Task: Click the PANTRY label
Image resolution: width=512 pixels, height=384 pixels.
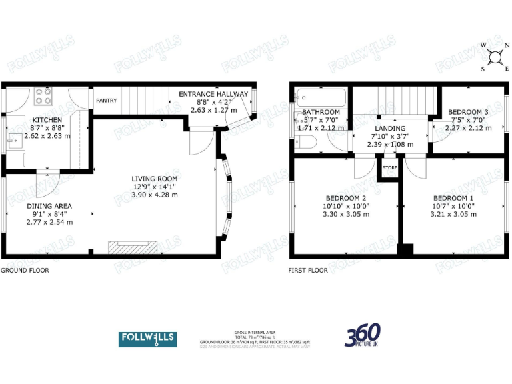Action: [107, 101]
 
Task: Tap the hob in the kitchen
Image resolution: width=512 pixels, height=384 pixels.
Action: [43, 97]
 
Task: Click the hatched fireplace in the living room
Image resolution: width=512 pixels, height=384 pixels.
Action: [133, 247]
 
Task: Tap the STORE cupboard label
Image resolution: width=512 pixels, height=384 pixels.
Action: [389, 168]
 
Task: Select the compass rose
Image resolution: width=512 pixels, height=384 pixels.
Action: [495, 57]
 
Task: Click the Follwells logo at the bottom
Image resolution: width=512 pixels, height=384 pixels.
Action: [147, 339]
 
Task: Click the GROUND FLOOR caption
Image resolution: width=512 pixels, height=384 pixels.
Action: [25, 271]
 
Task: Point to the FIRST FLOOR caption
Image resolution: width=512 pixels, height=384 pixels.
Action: [308, 271]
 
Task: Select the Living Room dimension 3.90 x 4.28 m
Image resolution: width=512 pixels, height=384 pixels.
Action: [154, 195]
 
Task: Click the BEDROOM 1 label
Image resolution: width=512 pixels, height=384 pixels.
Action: [453, 199]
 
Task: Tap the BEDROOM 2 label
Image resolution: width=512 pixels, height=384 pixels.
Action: [345, 199]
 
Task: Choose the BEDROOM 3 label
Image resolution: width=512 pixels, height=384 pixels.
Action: [468, 112]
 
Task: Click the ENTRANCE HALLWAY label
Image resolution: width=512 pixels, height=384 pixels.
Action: [213, 95]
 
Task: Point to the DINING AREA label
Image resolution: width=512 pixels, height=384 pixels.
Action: [49, 206]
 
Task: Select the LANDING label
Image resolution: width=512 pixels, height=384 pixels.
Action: [390, 128]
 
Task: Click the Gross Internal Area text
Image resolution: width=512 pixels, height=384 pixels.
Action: [255, 333]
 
